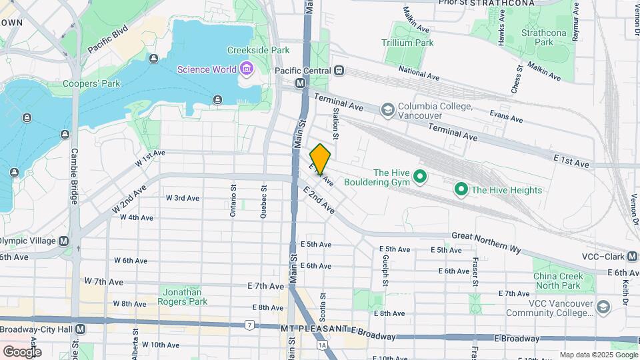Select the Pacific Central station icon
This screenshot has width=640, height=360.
pyautogui.click(x=339, y=70)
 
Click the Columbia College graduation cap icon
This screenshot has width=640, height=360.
pyautogui.click(x=387, y=109)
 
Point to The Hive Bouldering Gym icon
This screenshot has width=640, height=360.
pyautogui.click(x=419, y=177)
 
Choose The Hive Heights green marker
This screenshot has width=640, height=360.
pyautogui.click(x=461, y=190)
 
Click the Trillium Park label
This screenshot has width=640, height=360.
pyautogui.click(x=407, y=43)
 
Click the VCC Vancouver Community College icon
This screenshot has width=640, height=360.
pyautogui.click(x=603, y=307)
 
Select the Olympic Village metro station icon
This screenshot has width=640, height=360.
pyautogui.click(x=64, y=241)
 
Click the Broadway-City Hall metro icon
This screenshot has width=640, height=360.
pyautogui.click(x=81, y=329)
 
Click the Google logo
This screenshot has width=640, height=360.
pyautogui.click(x=22, y=351)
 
